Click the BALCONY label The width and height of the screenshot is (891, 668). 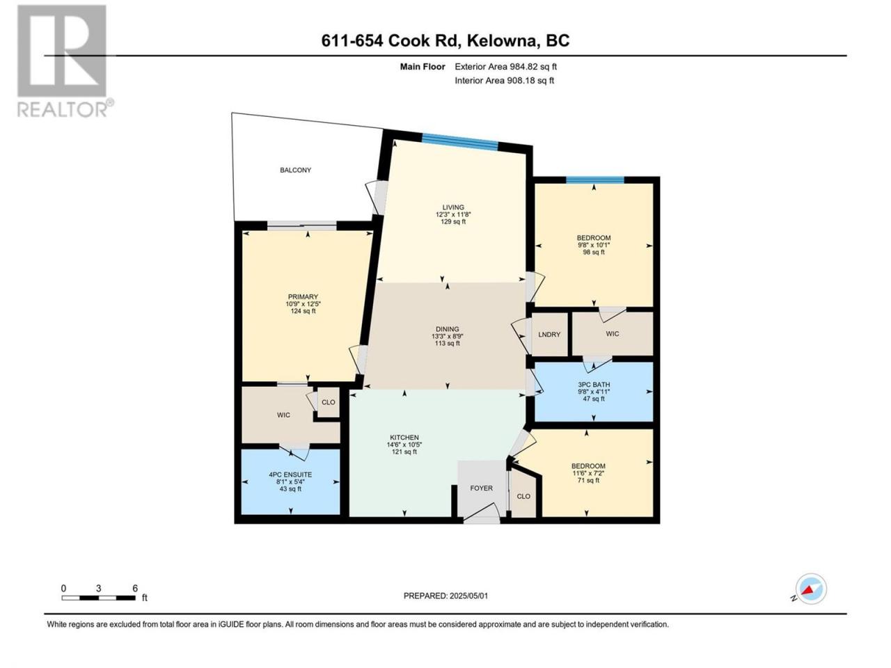(x=295, y=170)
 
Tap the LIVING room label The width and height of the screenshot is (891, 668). (x=453, y=207)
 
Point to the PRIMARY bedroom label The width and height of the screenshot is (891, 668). (x=303, y=297)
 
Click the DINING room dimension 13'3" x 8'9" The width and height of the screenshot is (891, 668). (x=448, y=336)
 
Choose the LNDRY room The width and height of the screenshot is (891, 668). (x=549, y=334)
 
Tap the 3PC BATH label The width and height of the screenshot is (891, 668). (x=594, y=385)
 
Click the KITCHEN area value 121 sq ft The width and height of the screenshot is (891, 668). (x=404, y=452)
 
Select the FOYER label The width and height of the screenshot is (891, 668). (x=482, y=488)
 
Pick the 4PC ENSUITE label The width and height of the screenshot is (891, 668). (x=290, y=475)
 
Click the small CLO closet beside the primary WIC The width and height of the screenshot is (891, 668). (x=328, y=402)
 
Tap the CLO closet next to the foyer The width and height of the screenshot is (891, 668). (x=523, y=496)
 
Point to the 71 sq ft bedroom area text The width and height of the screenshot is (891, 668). (x=588, y=481)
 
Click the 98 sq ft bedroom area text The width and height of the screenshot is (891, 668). (x=594, y=253)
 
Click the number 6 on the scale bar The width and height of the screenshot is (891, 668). (x=135, y=588)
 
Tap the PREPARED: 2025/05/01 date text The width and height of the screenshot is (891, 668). (x=445, y=596)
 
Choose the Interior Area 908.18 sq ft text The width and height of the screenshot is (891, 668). (x=504, y=80)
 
